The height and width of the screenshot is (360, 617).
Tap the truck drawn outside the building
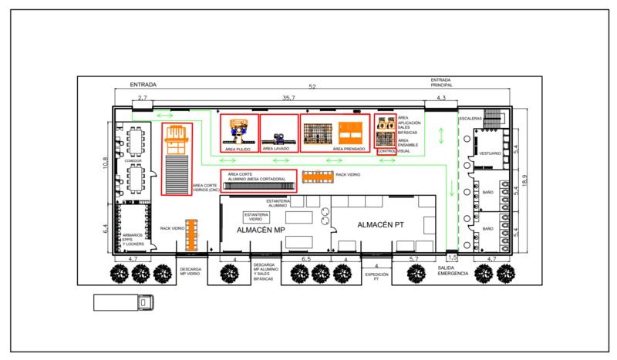pyautogui.click(x=123, y=303)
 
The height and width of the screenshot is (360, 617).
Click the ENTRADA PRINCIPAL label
pyautogui.click(x=441, y=82)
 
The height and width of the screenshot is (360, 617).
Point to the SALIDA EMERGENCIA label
pyautogui.click(x=453, y=271)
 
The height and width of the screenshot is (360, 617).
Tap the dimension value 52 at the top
pyautogui.click(x=312, y=87)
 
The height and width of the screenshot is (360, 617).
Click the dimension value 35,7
pyautogui.click(x=288, y=99)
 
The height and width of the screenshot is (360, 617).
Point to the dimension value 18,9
pyautogui.click(x=525, y=180)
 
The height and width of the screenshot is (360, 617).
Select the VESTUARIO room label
pyautogui.click(x=490, y=153)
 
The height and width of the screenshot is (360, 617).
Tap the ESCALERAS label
pyautogui.click(x=470, y=119)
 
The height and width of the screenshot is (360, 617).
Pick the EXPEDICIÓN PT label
pyautogui.click(x=376, y=276)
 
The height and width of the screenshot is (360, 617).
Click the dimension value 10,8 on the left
pyautogui.click(x=106, y=163)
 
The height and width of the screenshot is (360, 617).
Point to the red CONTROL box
pyautogui.click(x=386, y=151)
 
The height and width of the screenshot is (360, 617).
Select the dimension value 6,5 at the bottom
pyautogui.click(x=306, y=259)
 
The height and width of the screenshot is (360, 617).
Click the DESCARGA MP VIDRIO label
pyautogui.click(x=190, y=271)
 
